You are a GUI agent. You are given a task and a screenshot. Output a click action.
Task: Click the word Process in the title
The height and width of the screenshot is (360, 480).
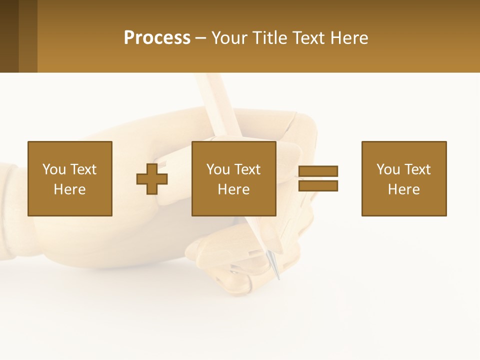pos(157,38)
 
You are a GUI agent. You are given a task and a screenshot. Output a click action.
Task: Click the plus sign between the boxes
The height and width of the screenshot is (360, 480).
pos(152,178)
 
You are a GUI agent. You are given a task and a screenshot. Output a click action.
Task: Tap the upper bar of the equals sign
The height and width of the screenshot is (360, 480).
pos(318,171)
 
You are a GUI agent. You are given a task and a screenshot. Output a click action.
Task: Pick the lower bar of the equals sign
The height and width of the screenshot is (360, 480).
pos(318,186)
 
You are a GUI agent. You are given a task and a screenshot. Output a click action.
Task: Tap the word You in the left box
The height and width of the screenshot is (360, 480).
pos(54,169)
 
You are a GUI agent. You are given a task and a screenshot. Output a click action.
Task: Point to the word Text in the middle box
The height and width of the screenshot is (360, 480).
pos(247,169)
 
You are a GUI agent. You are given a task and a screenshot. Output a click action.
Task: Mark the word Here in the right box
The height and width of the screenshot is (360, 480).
pos(403,189)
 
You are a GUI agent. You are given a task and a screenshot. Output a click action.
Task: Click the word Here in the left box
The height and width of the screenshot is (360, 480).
pos(69,189)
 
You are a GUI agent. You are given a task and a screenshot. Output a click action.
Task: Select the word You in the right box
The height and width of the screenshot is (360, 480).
pos(388,169)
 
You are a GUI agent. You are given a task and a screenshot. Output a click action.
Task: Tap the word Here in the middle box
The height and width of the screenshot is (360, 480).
pos(233,189)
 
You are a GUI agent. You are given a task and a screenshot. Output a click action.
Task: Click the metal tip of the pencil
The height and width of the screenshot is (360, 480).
pos(274,265)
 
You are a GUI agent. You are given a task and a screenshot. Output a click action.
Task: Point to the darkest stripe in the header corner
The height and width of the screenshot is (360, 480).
pos(9,36)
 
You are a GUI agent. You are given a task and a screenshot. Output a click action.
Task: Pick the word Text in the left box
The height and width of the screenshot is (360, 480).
pos(83,169)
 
